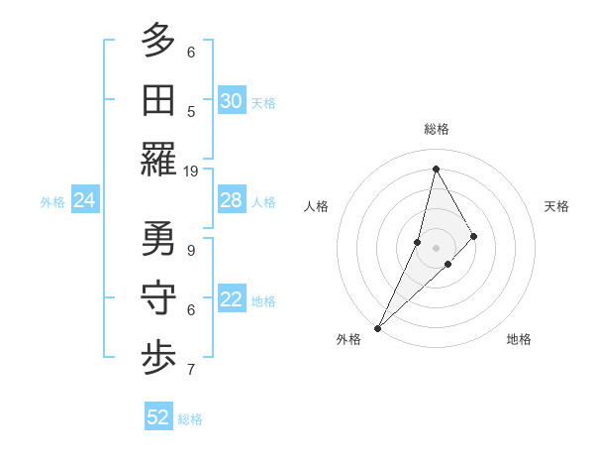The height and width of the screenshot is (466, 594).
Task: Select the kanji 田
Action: point(158,100)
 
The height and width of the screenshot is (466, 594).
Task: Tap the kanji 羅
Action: point(158,160)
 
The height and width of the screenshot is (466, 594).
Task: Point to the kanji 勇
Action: point(158,239)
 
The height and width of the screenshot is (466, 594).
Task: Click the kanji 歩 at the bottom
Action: point(158,358)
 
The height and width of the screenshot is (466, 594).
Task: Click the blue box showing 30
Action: point(231,101)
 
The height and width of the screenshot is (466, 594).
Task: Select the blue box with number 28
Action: point(231,200)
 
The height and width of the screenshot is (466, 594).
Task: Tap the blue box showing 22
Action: point(231,299)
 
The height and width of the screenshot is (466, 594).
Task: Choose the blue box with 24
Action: point(84,200)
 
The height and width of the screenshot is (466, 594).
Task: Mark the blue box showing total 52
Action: point(158,417)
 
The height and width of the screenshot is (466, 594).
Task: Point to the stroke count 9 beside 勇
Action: point(191,250)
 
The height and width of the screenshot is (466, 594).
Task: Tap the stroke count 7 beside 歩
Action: point(191,370)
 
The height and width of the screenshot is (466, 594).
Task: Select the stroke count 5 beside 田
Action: point(191,111)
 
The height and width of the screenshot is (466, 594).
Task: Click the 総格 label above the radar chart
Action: point(436,129)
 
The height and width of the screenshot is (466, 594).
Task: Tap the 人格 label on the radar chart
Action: point(316,206)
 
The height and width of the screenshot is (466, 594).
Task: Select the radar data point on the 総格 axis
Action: point(436,169)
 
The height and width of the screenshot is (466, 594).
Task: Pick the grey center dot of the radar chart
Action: point(436,247)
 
